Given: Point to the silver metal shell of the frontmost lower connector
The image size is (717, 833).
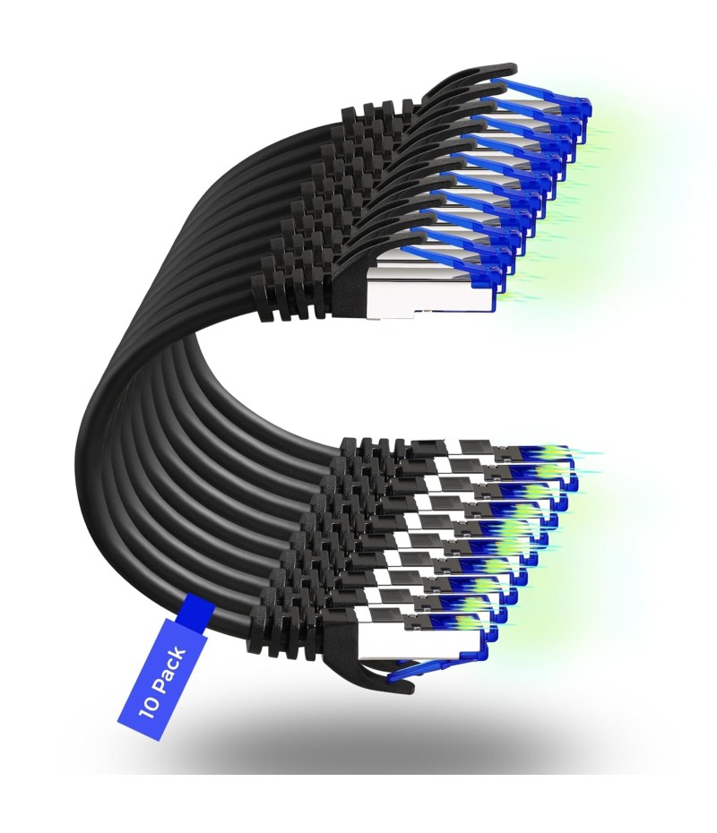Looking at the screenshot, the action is pos(405,644).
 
